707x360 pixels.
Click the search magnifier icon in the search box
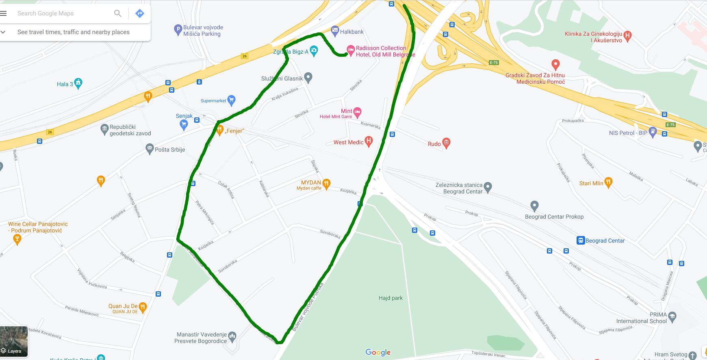(x=118, y=13)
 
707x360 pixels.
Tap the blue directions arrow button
(x=140, y=13)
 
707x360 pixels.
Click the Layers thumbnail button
(x=14, y=341)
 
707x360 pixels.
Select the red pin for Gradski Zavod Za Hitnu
(x=555, y=64)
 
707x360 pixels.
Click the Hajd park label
(x=390, y=298)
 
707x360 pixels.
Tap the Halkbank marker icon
(x=335, y=30)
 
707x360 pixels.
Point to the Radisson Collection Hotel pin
(x=350, y=50)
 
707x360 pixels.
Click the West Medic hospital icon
(x=369, y=141)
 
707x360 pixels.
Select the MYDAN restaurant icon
(x=326, y=184)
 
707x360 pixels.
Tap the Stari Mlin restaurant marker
(x=608, y=182)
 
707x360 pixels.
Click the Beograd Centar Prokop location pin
(x=534, y=206)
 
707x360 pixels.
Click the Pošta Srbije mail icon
(x=150, y=148)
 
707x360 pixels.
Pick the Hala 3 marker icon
(x=78, y=83)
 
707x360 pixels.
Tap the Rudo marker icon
(x=446, y=142)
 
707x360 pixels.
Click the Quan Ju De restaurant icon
(x=143, y=307)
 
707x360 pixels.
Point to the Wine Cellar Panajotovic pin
(x=17, y=239)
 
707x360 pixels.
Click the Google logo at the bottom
(x=378, y=352)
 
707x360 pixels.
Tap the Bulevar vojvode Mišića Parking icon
(x=178, y=29)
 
